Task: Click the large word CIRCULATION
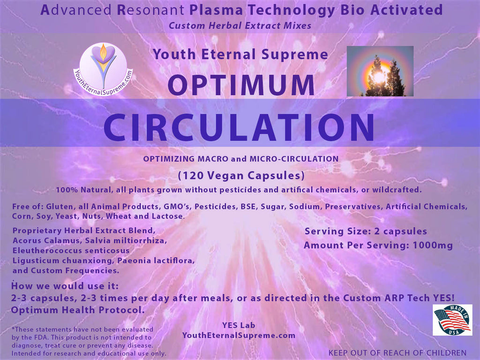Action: click(x=239, y=127)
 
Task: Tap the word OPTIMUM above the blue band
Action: click(x=241, y=85)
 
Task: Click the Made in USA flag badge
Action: click(x=452, y=320)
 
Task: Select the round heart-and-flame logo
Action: click(x=103, y=69)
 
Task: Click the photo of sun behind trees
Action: click(x=380, y=71)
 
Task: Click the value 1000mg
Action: click(x=433, y=245)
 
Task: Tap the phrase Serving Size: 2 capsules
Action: click(x=366, y=231)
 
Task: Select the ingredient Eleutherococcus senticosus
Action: click(x=71, y=250)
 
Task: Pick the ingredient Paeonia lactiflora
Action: click(x=156, y=261)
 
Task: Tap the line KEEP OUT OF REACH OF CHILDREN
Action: click(x=397, y=353)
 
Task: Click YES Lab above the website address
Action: click(x=239, y=325)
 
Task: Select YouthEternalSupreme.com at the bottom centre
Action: click(x=239, y=335)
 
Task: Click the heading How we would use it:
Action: click(x=65, y=286)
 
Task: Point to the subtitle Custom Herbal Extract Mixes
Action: click(x=240, y=25)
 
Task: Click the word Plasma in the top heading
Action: click(x=217, y=10)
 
